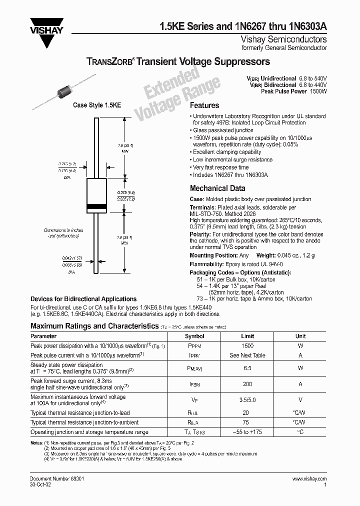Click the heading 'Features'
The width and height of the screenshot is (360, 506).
[204, 105]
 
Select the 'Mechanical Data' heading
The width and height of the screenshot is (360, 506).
[217, 188]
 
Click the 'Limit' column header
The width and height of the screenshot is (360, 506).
[247, 336]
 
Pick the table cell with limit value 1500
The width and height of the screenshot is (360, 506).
[247, 346]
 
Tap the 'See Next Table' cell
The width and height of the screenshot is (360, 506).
[247, 355]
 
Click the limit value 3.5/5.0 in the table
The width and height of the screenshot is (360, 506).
[247, 400]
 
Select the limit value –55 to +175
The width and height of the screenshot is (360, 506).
[247, 432]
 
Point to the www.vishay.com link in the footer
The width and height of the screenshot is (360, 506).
[309, 479]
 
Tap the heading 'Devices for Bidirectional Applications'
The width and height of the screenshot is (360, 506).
[83, 299]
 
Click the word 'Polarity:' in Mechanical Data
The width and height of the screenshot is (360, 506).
[200, 234]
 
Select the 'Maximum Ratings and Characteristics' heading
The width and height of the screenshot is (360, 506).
[94, 326]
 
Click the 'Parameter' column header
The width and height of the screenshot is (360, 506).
[44, 336]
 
